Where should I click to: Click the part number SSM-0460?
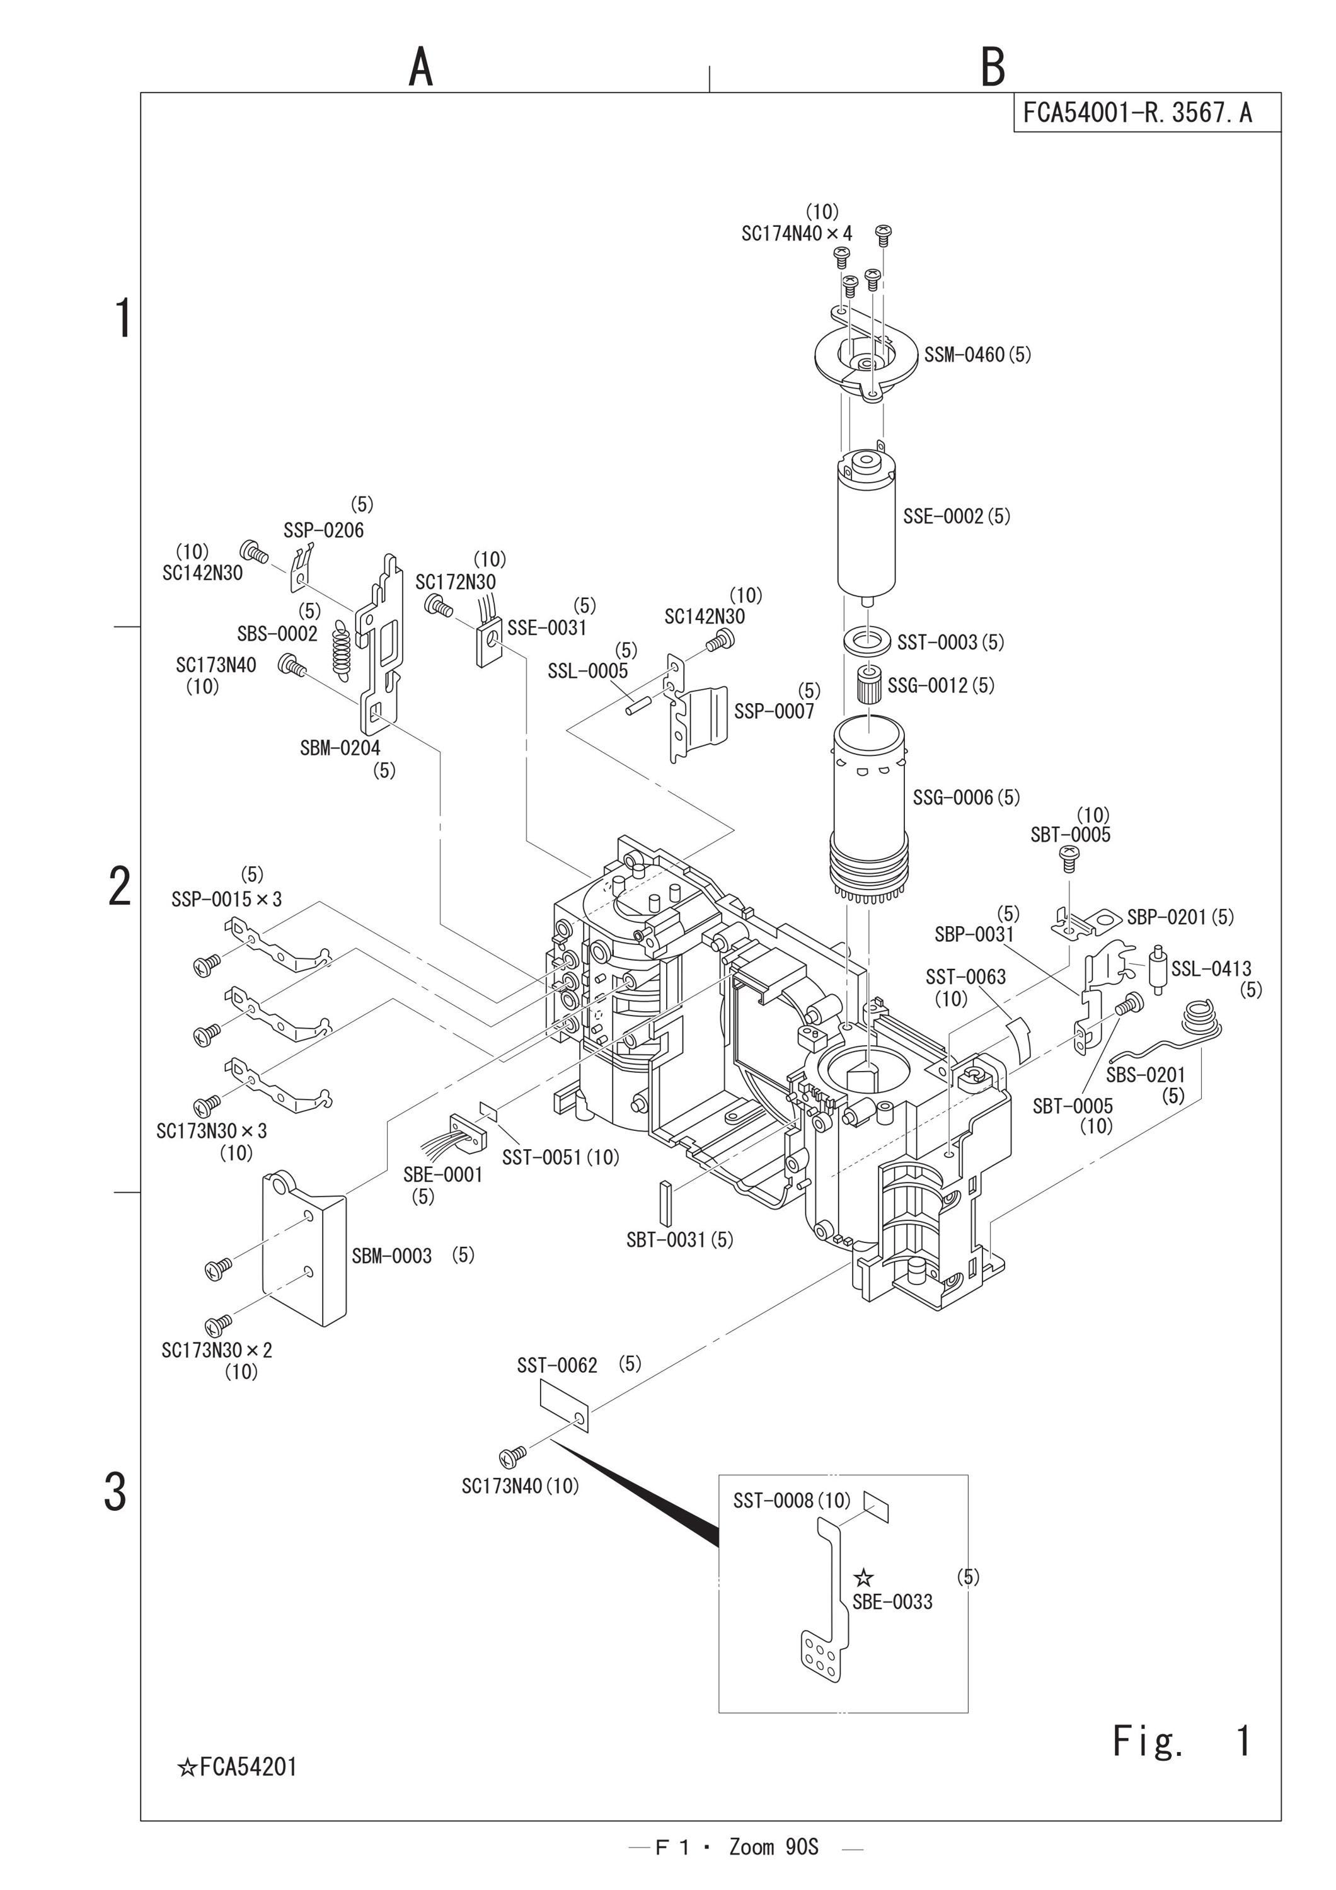[964, 355]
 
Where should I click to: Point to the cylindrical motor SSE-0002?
[867, 526]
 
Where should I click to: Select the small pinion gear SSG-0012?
[868, 685]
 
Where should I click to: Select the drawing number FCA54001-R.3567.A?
[1137, 112]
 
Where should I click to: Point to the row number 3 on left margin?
[115, 1492]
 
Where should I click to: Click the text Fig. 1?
[1181, 1740]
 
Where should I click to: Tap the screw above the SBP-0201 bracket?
[1069, 859]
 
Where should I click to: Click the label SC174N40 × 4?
[797, 234]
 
